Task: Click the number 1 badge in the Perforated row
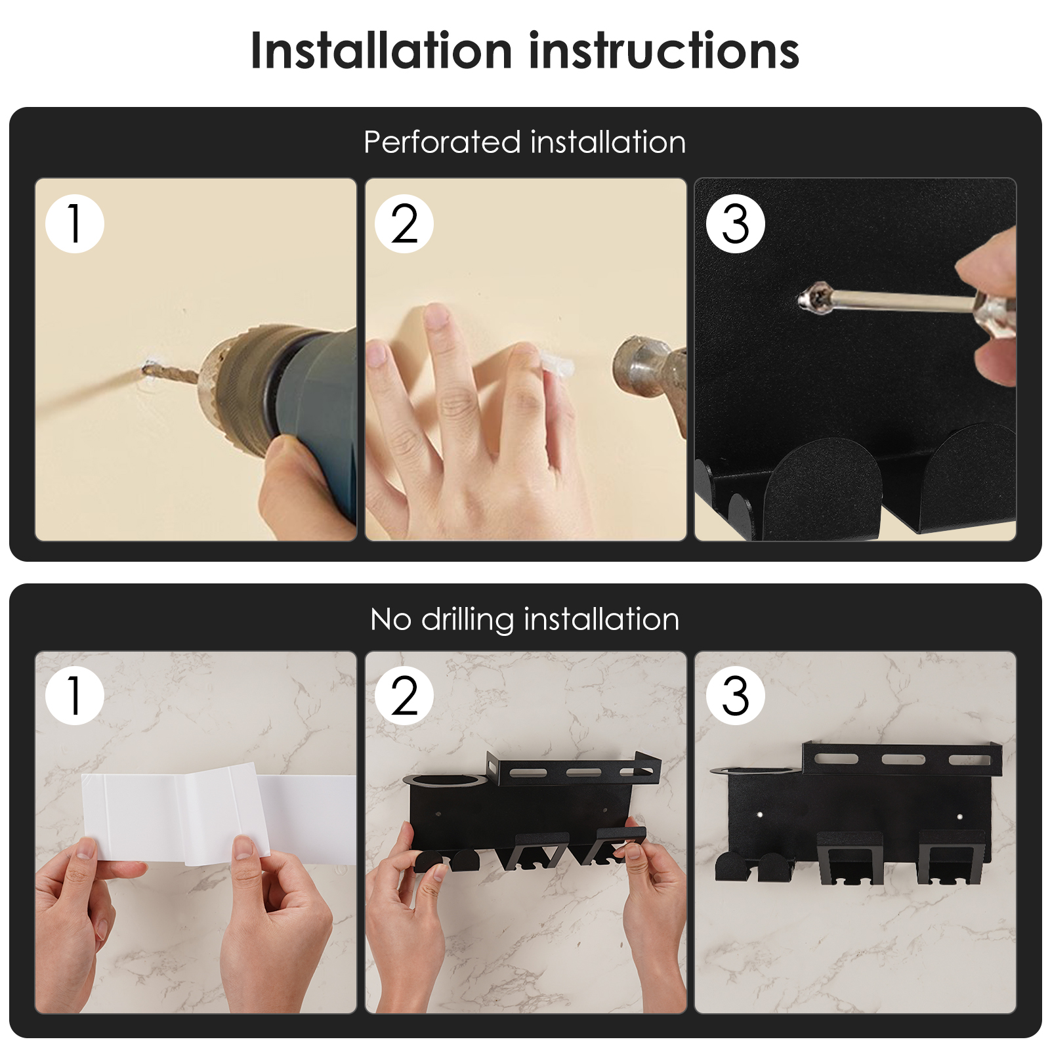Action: pyautogui.click(x=75, y=224)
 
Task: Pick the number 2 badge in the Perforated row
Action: pyautogui.click(x=404, y=224)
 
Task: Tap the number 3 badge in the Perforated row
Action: pyautogui.click(x=736, y=224)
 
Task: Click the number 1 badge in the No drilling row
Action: pyautogui.click(x=75, y=696)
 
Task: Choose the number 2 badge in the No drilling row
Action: pyautogui.click(x=404, y=696)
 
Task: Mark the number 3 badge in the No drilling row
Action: pyautogui.click(x=736, y=696)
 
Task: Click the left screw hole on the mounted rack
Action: pyautogui.click(x=760, y=814)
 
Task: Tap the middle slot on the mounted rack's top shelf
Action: pyautogui.click(x=903, y=760)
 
